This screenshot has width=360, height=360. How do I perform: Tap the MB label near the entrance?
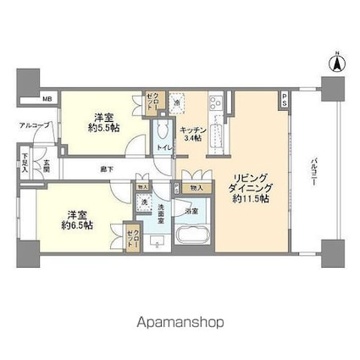(x=47, y=98)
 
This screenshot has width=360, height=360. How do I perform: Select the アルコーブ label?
(x=35, y=126)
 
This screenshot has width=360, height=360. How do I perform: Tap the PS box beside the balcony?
(x=285, y=98)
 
